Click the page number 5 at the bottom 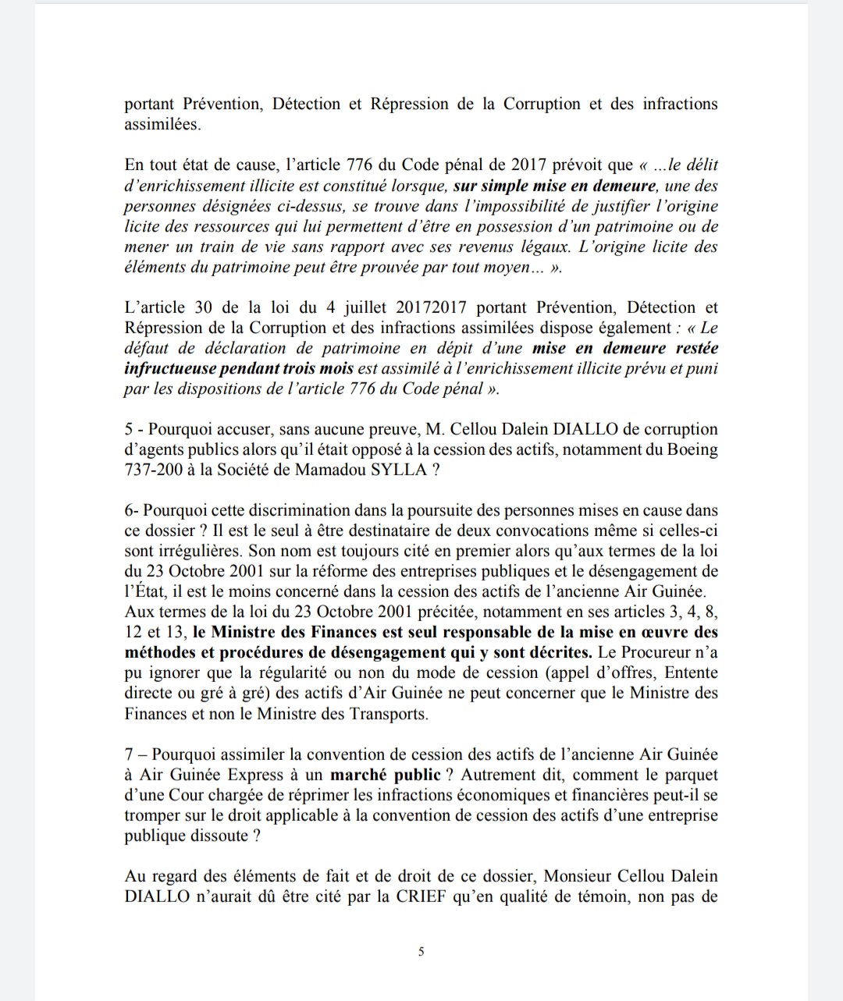pos(421,951)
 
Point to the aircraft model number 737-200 pos(155,470)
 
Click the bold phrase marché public pos(386,775)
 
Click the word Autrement pos(505,775)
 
